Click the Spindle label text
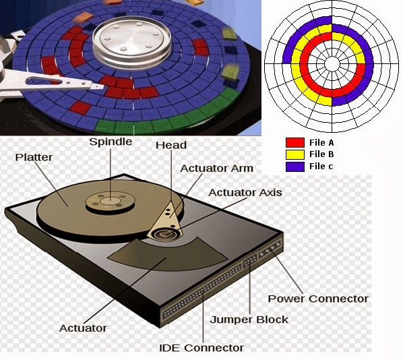click(111, 142)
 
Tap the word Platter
click(34, 157)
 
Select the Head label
click(171, 146)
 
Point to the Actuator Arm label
click(217, 169)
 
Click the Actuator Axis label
click(245, 193)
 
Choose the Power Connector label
click(318, 299)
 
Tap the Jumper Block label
click(249, 320)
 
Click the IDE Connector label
click(201, 348)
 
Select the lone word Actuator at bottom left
click(83, 328)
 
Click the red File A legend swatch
click(295, 142)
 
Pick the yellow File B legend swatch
click(295, 154)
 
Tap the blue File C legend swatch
click(295, 167)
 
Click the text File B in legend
click(321, 154)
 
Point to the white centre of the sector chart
click(332, 63)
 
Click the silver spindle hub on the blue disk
click(132, 41)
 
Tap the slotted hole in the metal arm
click(44, 81)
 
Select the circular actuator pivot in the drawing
click(166, 234)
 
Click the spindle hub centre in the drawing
click(111, 201)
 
